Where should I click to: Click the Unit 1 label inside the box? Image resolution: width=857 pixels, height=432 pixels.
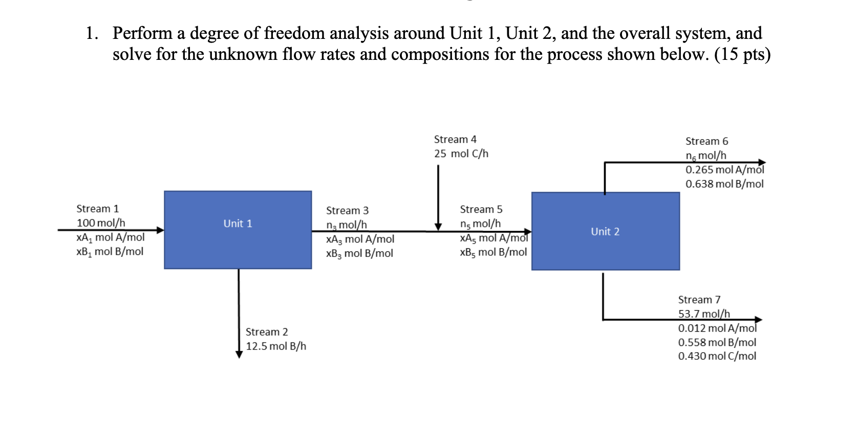tap(238, 224)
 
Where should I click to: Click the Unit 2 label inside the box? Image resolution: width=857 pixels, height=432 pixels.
tap(605, 232)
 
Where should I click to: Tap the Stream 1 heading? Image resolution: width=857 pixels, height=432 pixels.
tap(97, 209)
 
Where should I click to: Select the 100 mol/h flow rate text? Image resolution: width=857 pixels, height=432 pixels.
tap(101, 223)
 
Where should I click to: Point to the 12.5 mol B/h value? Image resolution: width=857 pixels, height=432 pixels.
tap(276, 346)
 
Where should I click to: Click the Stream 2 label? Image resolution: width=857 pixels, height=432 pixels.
tap(267, 332)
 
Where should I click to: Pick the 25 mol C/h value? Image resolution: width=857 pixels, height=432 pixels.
tap(461, 154)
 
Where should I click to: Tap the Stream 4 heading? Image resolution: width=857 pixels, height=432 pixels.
tap(455, 139)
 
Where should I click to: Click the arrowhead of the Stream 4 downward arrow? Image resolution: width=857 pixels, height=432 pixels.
tap(438, 227)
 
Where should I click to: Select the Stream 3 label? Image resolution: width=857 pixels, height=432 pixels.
tap(347, 210)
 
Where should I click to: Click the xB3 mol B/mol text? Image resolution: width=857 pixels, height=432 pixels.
tap(359, 253)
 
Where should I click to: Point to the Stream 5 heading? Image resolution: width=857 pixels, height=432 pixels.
tap(481, 209)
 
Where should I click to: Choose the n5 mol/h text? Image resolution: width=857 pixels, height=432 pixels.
tap(480, 224)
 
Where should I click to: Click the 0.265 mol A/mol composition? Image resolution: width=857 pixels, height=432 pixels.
tap(724, 170)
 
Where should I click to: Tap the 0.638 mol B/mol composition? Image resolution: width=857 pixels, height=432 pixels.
tap(724, 184)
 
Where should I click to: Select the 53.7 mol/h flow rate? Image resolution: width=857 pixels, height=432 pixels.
tap(704, 314)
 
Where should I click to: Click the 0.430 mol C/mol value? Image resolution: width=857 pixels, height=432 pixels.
tap(717, 356)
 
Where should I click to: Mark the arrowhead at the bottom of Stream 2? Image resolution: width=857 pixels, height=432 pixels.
tap(239, 355)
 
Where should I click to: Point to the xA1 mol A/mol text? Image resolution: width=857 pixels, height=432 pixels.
tap(111, 237)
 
